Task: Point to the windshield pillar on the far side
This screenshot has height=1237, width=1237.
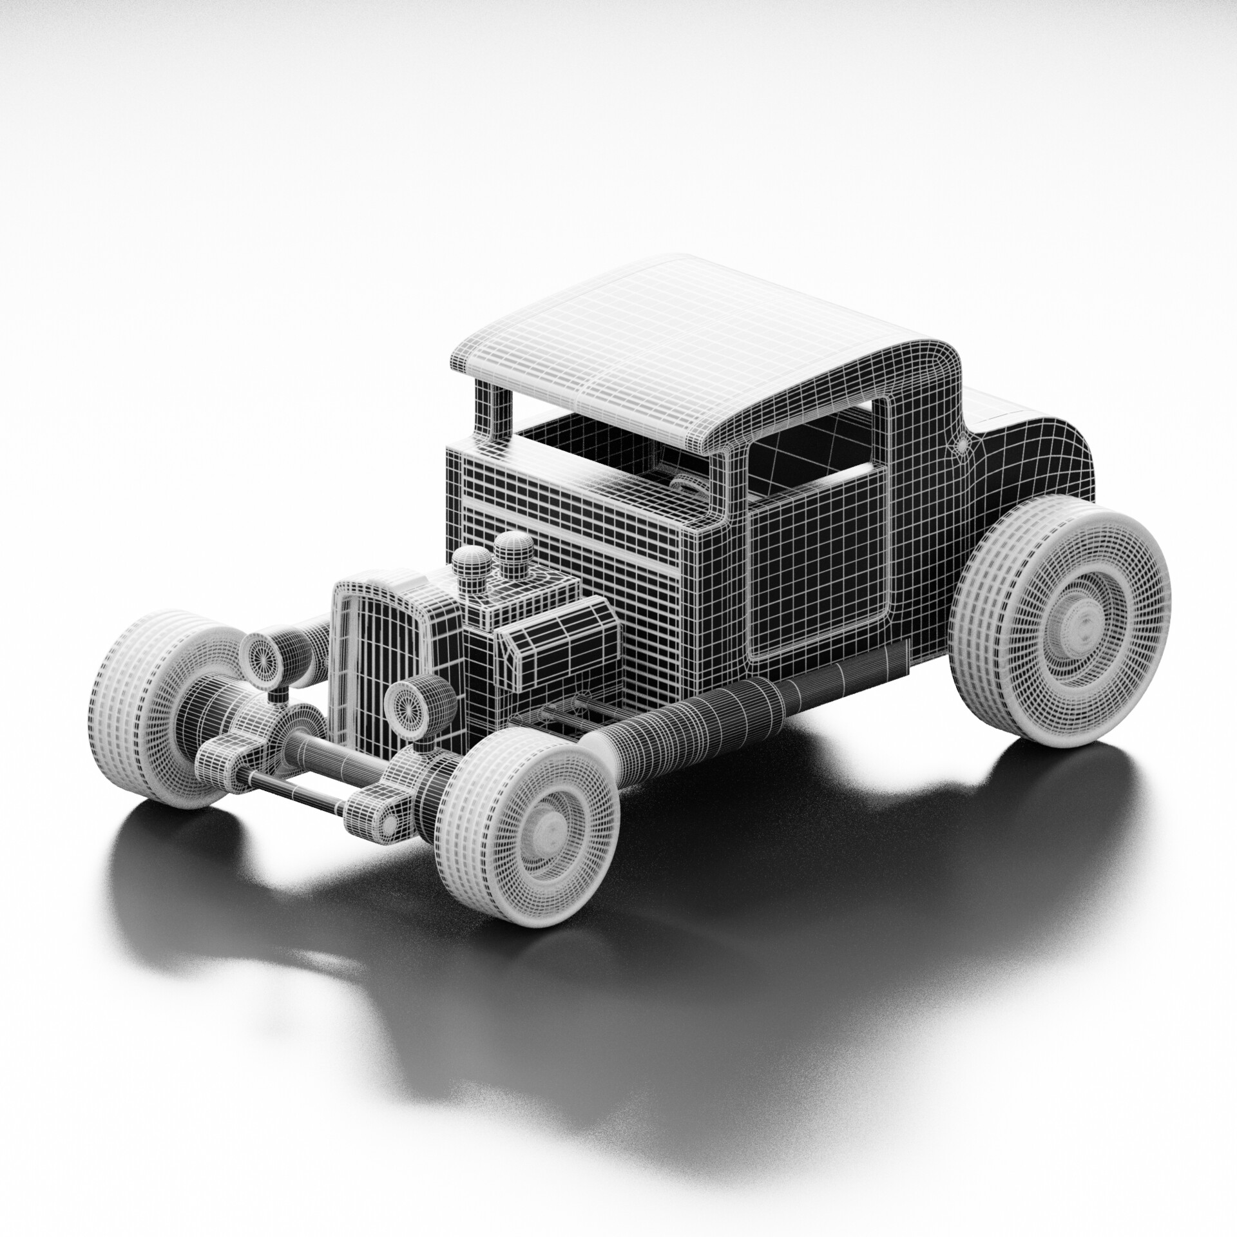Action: [493, 412]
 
